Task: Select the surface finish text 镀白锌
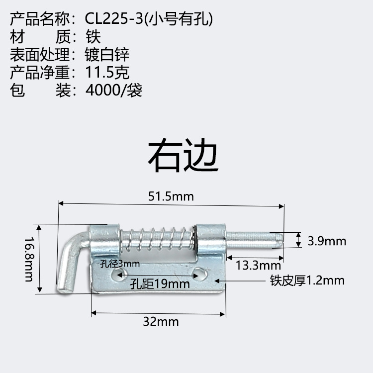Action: point(107,54)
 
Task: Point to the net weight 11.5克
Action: point(107,72)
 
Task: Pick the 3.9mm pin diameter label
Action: point(326,241)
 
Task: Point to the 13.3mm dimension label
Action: point(259,265)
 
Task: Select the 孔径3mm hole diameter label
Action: point(119,264)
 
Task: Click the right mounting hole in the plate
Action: point(200,273)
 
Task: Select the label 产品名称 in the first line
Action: point(39,18)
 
